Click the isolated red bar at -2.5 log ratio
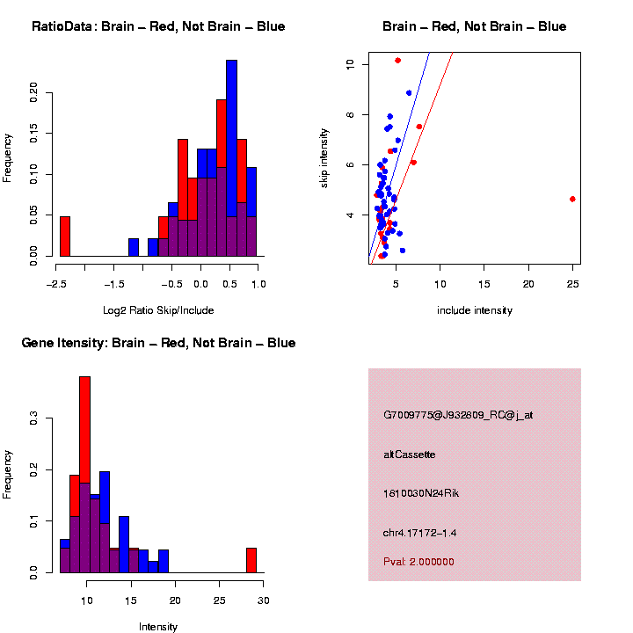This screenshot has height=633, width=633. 64,236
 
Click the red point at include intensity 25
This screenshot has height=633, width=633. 572,199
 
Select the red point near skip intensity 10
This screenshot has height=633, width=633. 397,61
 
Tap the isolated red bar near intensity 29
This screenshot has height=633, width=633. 251,560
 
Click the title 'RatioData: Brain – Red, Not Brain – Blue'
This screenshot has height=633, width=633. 158,26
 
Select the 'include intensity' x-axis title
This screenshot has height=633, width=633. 474,310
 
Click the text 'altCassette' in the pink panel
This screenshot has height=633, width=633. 409,455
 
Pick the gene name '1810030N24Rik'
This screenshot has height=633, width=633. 421,493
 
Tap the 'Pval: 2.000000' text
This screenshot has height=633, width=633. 418,562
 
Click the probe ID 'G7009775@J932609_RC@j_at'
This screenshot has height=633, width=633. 457,415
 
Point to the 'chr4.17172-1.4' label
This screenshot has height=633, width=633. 419,533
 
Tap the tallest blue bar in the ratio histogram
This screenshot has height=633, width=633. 231,141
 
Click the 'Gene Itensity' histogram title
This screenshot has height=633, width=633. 158,343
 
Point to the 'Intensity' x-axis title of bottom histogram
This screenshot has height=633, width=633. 158,627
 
